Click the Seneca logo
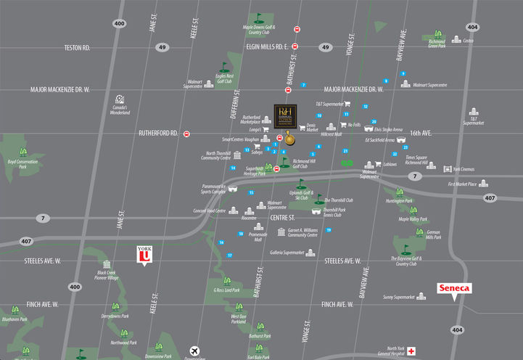(x=454, y=288)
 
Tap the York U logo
(x=144, y=255)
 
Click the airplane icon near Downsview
(x=194, y=349)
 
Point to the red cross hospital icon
(x=411, y=351)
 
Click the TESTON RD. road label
(x=76, y=48)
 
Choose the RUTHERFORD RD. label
(x=158, y=134)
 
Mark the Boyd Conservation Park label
(x=22, y=165)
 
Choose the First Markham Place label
(x=462, y=184)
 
